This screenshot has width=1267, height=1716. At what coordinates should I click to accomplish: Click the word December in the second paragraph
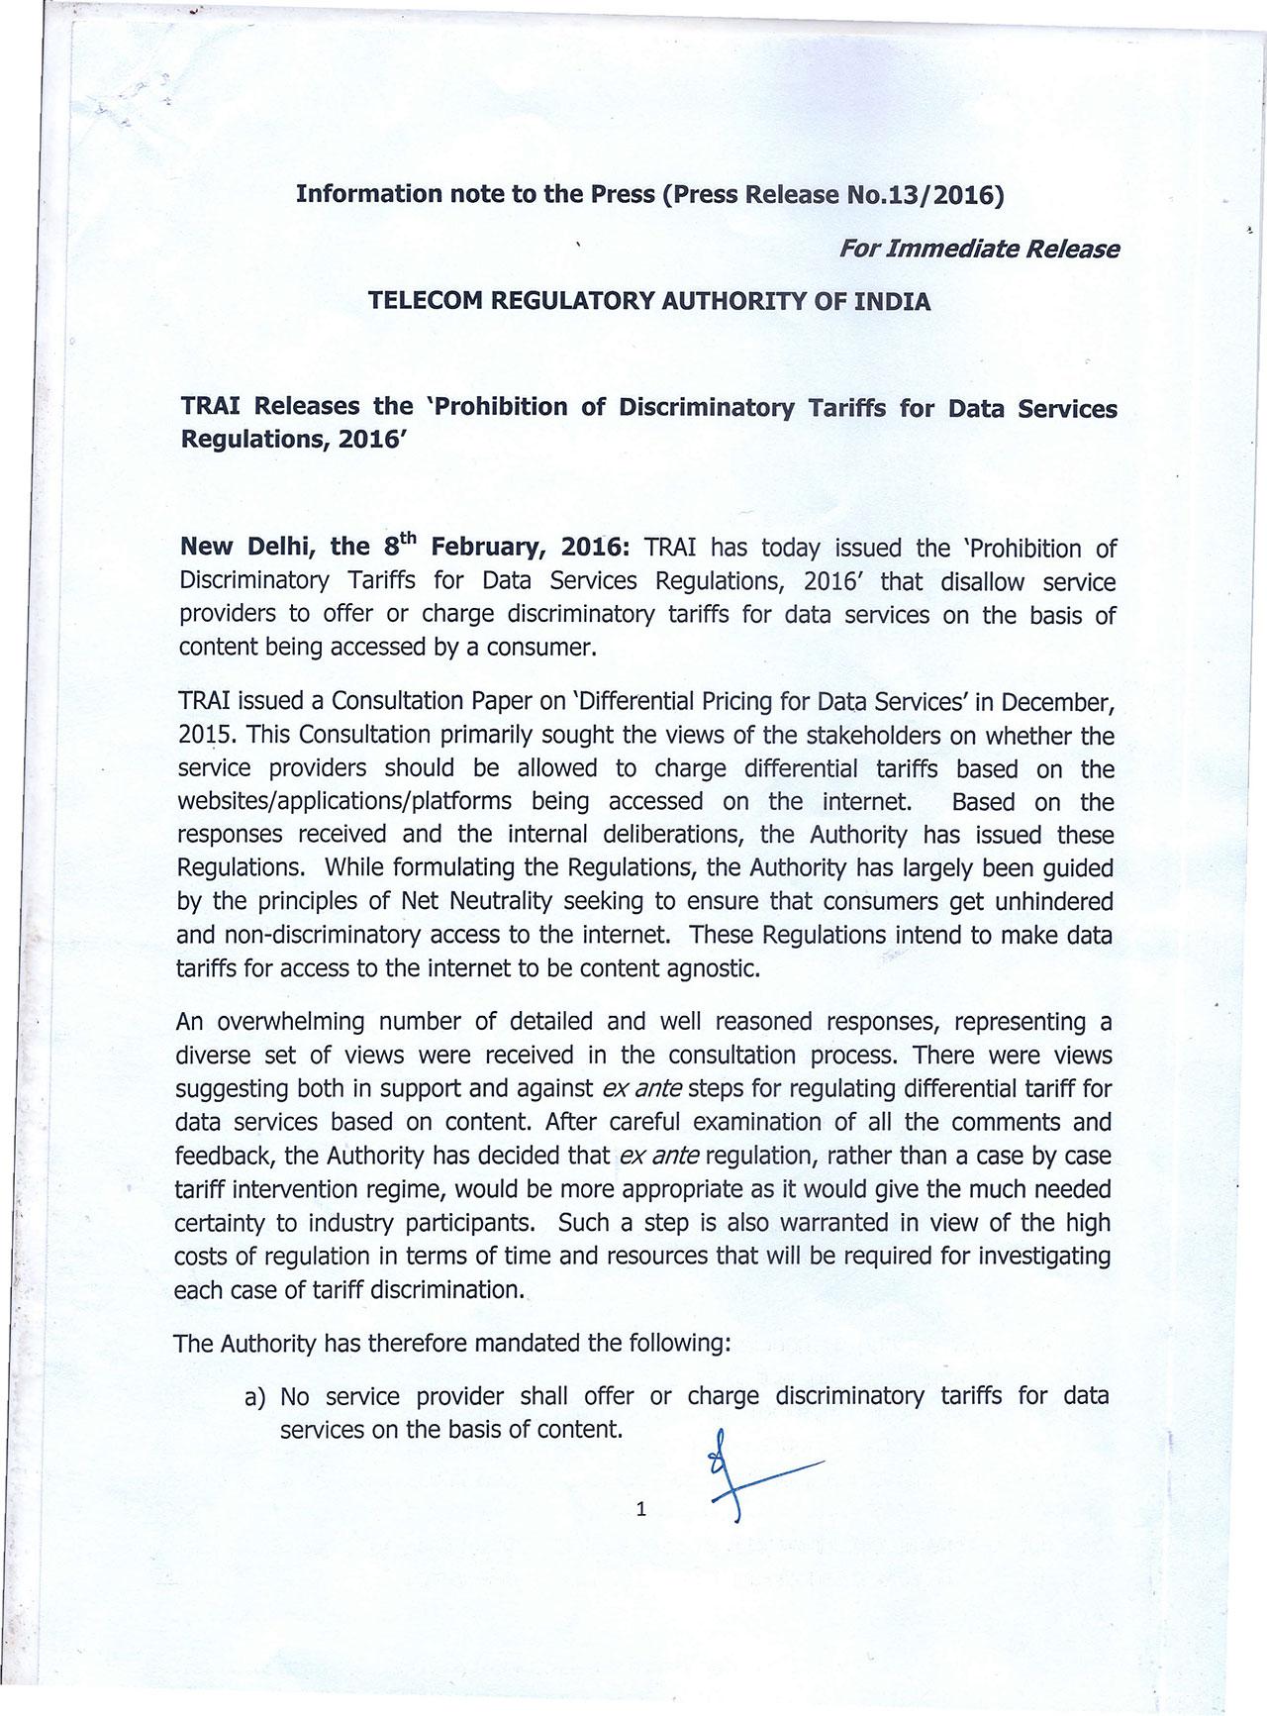1056,702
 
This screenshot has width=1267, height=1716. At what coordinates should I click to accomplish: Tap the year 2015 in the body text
205,736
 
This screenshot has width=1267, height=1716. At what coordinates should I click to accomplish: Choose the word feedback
224,1156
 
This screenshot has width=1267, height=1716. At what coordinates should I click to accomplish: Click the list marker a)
255,1397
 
